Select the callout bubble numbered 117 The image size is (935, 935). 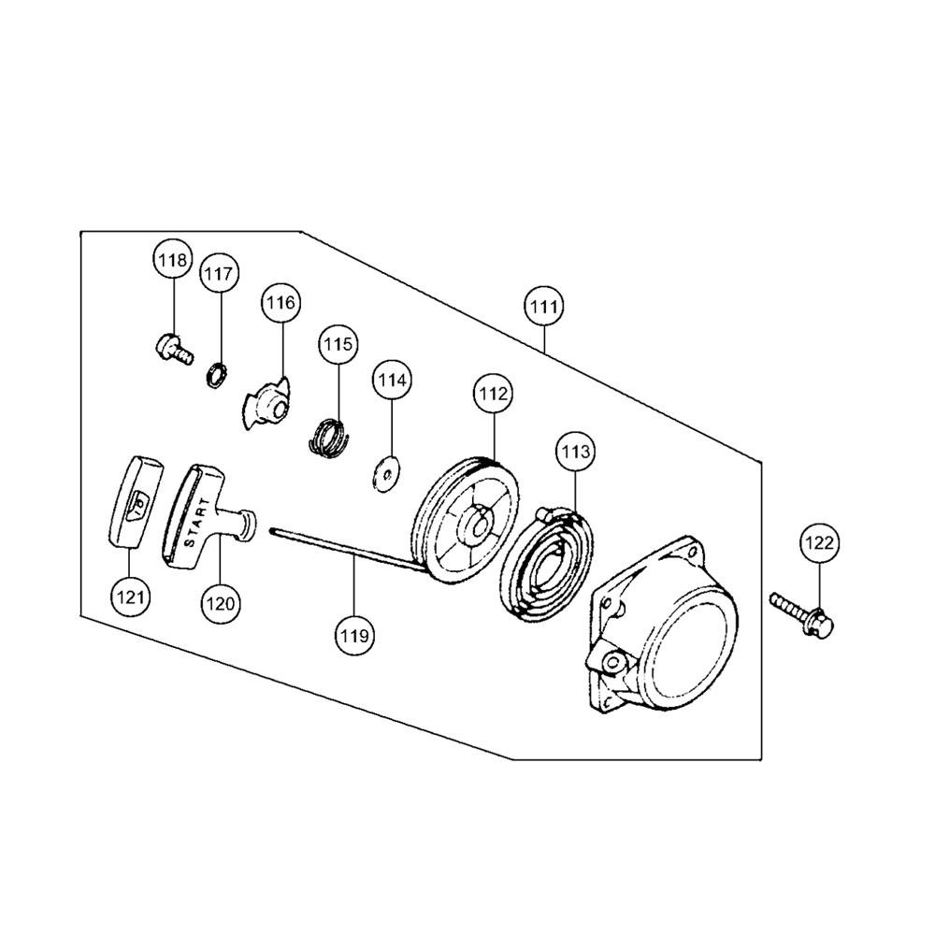point(219,274)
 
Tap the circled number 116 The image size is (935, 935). point(280,303)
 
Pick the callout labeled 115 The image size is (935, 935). point(338,345)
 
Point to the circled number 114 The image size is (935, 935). point(392,380)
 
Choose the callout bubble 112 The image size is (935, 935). point(494,394)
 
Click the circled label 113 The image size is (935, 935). point(575,452)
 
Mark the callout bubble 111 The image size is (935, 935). point(544,307)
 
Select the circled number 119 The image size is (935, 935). point(354,636)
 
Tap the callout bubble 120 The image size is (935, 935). point(220,603)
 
